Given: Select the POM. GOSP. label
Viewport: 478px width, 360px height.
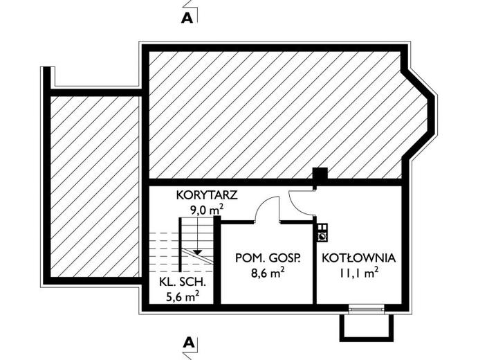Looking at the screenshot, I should (x=268, y=258).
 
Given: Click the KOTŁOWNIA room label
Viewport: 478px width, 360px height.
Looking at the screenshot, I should (x=358, y=258).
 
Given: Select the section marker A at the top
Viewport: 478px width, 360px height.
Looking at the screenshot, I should (x=186, y=18).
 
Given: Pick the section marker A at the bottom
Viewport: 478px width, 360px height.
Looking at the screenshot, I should (x=187, y=342).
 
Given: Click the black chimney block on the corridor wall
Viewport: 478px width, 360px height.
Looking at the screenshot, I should (x=320, y=177).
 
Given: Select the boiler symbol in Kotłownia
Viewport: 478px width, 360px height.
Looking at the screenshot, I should (x=322, y=233).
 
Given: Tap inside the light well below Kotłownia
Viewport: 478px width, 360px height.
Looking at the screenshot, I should (x=367, y=327).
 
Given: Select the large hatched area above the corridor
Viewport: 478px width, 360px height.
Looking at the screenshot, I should (x=277, y=114).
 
